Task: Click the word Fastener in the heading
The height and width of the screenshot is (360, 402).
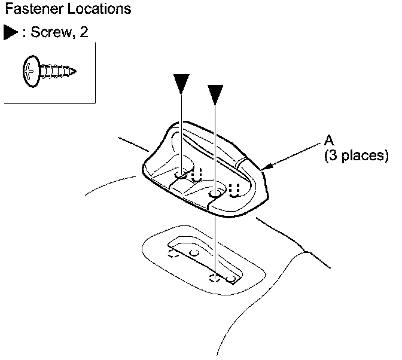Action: (x=30, y=10)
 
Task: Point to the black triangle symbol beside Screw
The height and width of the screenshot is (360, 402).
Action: (x=11, y=32)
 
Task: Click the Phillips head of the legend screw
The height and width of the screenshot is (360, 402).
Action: (x=31, y=72)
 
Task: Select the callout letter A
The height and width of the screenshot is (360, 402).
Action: (x=328, y=141)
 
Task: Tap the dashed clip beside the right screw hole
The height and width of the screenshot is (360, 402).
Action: (x=234, y=190)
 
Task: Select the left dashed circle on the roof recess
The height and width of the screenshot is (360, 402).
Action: (x=173, y=254)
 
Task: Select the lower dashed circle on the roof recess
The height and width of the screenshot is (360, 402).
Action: (x=214, y=277)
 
